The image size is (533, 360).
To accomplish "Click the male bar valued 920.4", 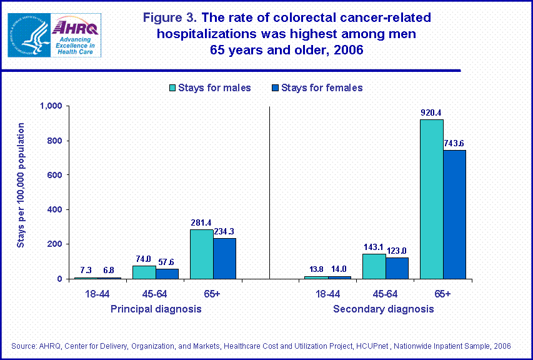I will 431,199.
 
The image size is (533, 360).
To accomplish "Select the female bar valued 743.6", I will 454,214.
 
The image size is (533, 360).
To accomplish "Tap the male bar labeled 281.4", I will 201,254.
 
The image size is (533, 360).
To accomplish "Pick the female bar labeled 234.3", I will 224,258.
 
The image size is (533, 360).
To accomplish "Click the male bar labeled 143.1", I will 374,266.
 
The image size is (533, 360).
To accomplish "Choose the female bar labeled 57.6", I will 167,274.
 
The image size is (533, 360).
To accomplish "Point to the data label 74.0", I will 142,258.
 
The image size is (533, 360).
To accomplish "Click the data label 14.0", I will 339,268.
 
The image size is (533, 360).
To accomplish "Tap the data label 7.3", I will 86,269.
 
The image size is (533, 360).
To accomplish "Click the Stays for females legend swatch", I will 273,87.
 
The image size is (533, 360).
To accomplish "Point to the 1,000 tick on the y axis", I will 51,106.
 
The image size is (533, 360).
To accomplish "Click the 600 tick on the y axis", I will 55,175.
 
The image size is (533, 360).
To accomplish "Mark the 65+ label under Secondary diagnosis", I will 442,294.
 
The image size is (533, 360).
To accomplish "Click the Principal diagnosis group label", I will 156,309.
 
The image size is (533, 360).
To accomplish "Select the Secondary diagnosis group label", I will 383,309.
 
